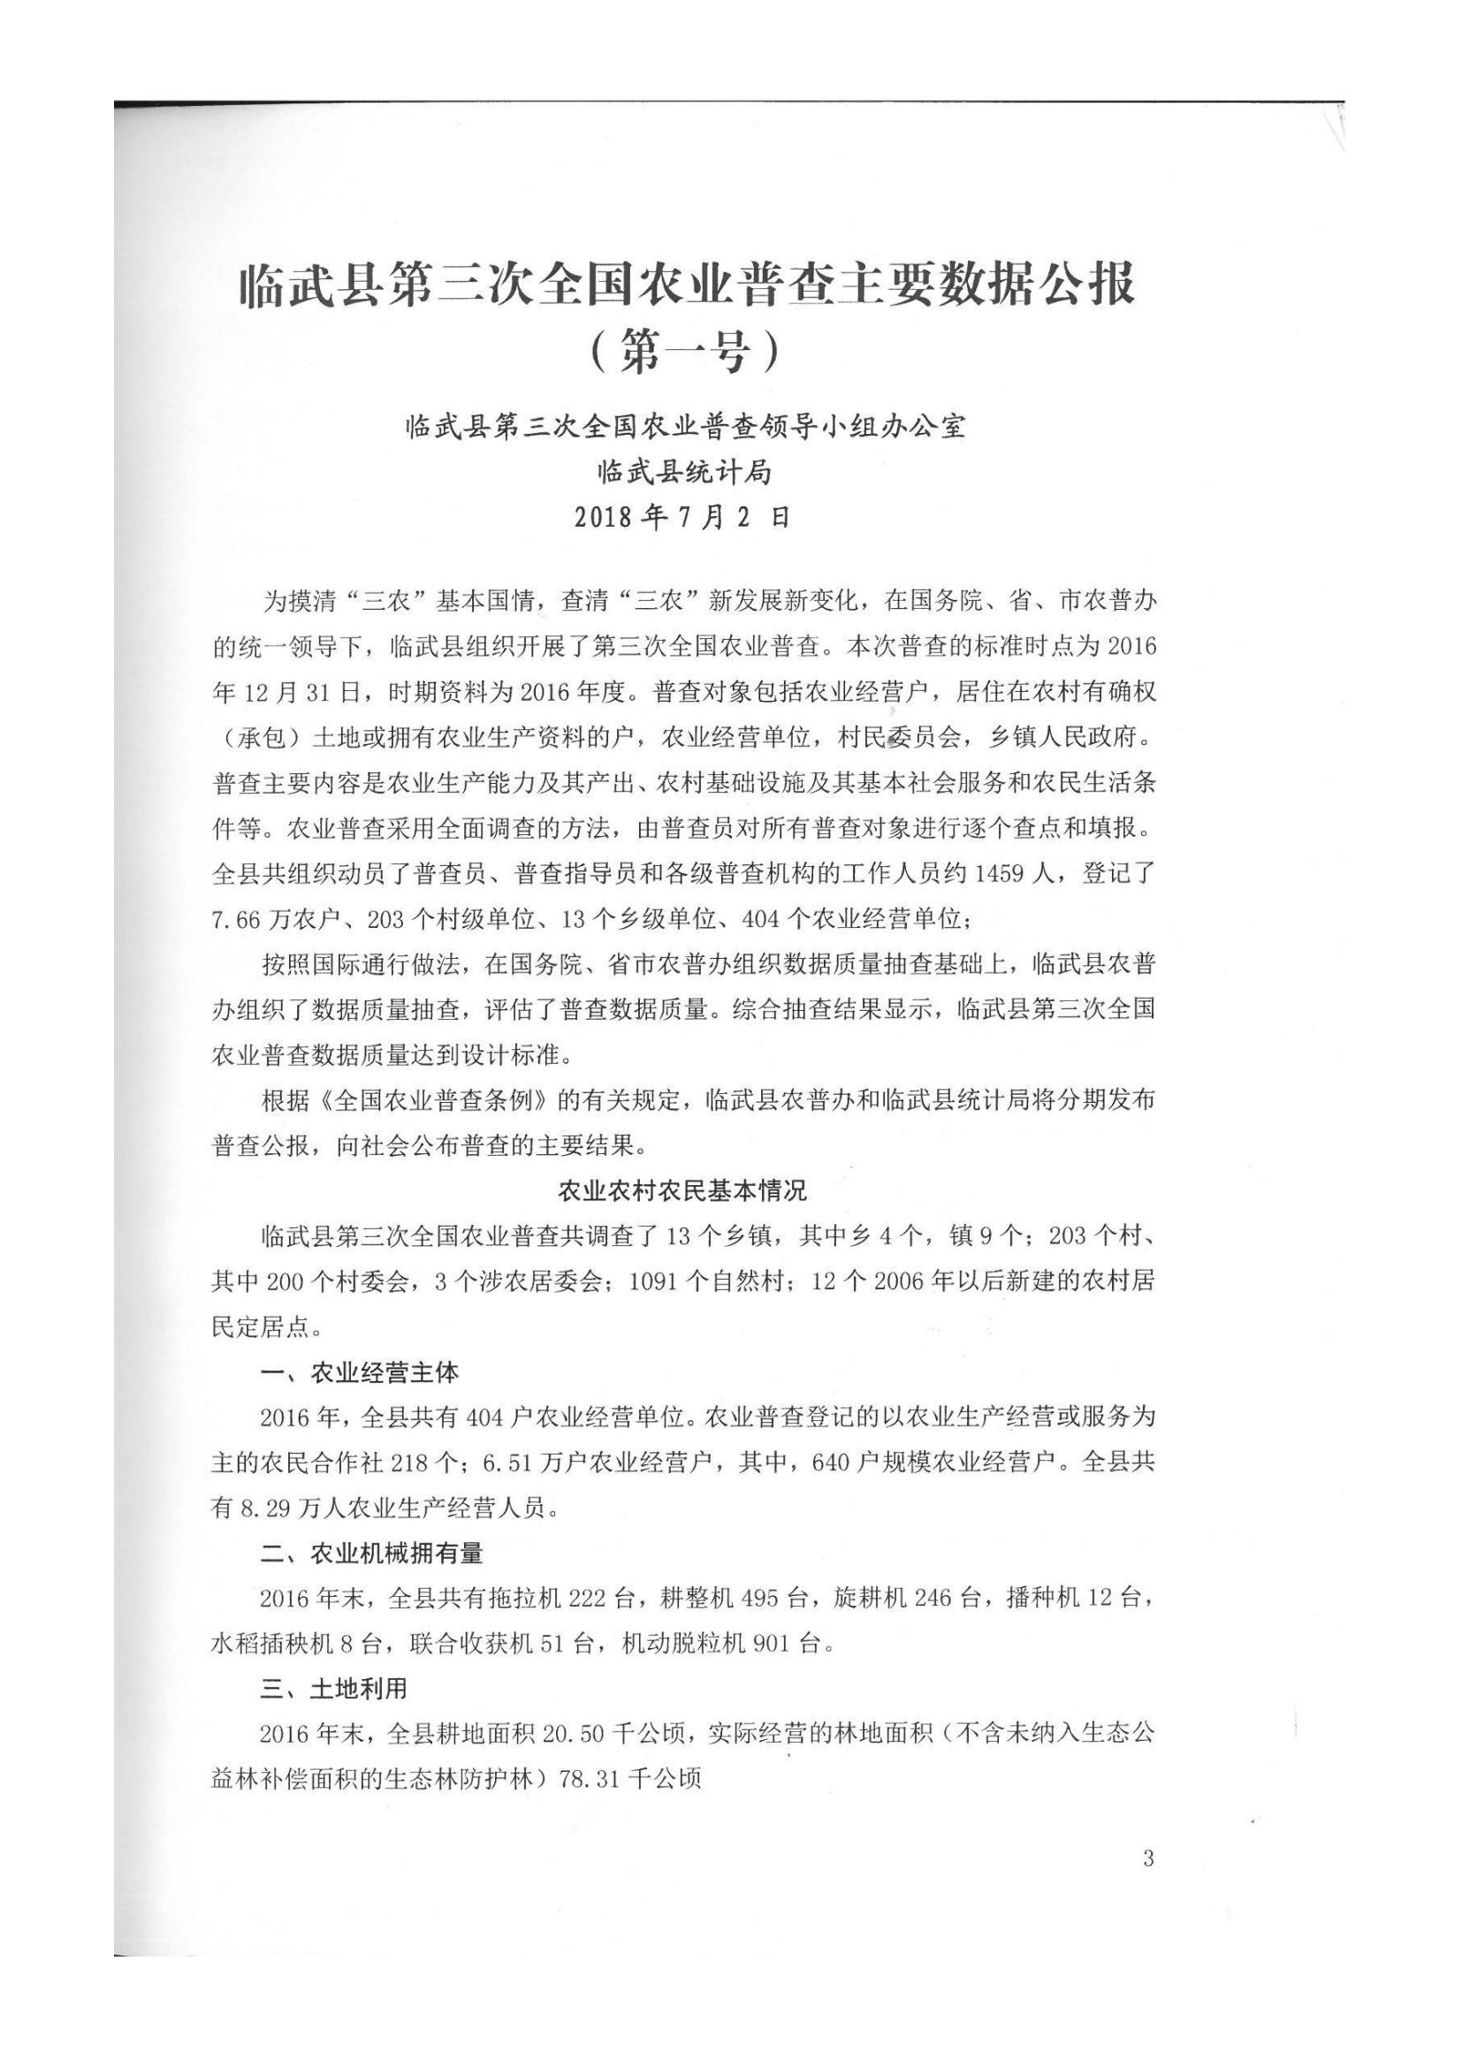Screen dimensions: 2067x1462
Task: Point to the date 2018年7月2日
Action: click(682, 517)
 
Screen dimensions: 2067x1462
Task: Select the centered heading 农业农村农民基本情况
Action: click(682, 1192)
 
